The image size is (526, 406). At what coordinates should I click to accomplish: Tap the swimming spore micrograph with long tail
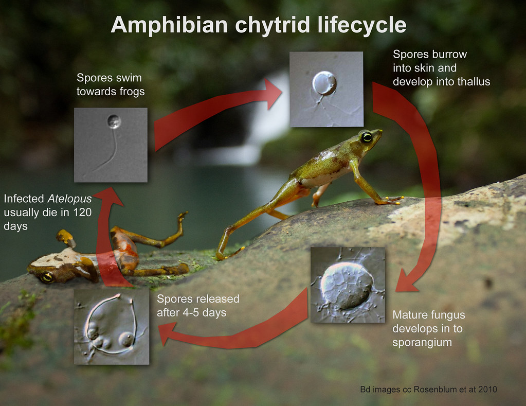click(x=111, y=145)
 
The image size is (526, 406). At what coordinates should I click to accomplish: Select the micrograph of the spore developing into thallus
click(x=326, y=89)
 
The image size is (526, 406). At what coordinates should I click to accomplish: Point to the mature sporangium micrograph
click(x=348, y=285)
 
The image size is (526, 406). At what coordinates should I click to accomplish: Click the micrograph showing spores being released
click(x=112, y=326)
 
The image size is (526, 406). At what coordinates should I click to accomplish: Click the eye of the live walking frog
click(x=366, y=137)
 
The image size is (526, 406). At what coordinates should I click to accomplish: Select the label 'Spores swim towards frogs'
click(x=109, y=85)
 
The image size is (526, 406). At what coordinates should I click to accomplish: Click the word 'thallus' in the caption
click(x=472, y=81)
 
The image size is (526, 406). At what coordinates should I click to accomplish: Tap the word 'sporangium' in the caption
click(x=422, y=342)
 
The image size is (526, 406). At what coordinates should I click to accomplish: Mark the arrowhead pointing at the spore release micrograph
click(x=167, y=334)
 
